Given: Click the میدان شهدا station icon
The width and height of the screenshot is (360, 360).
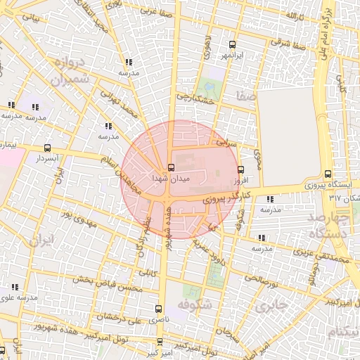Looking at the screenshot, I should coord(171,167).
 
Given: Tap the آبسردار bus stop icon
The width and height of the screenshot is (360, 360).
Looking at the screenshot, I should coord(47,148).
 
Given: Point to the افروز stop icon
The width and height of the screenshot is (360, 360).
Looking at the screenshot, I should coord(241,169).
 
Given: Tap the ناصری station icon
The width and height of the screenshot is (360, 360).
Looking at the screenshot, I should coord(157,308).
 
